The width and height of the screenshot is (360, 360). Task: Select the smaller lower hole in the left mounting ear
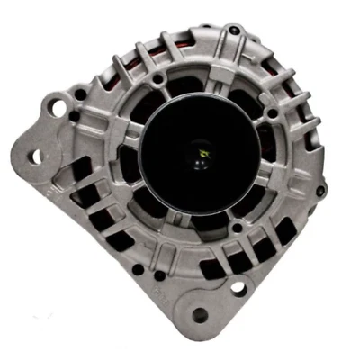click(38, 157)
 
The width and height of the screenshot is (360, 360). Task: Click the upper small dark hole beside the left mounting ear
click(81, 94)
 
